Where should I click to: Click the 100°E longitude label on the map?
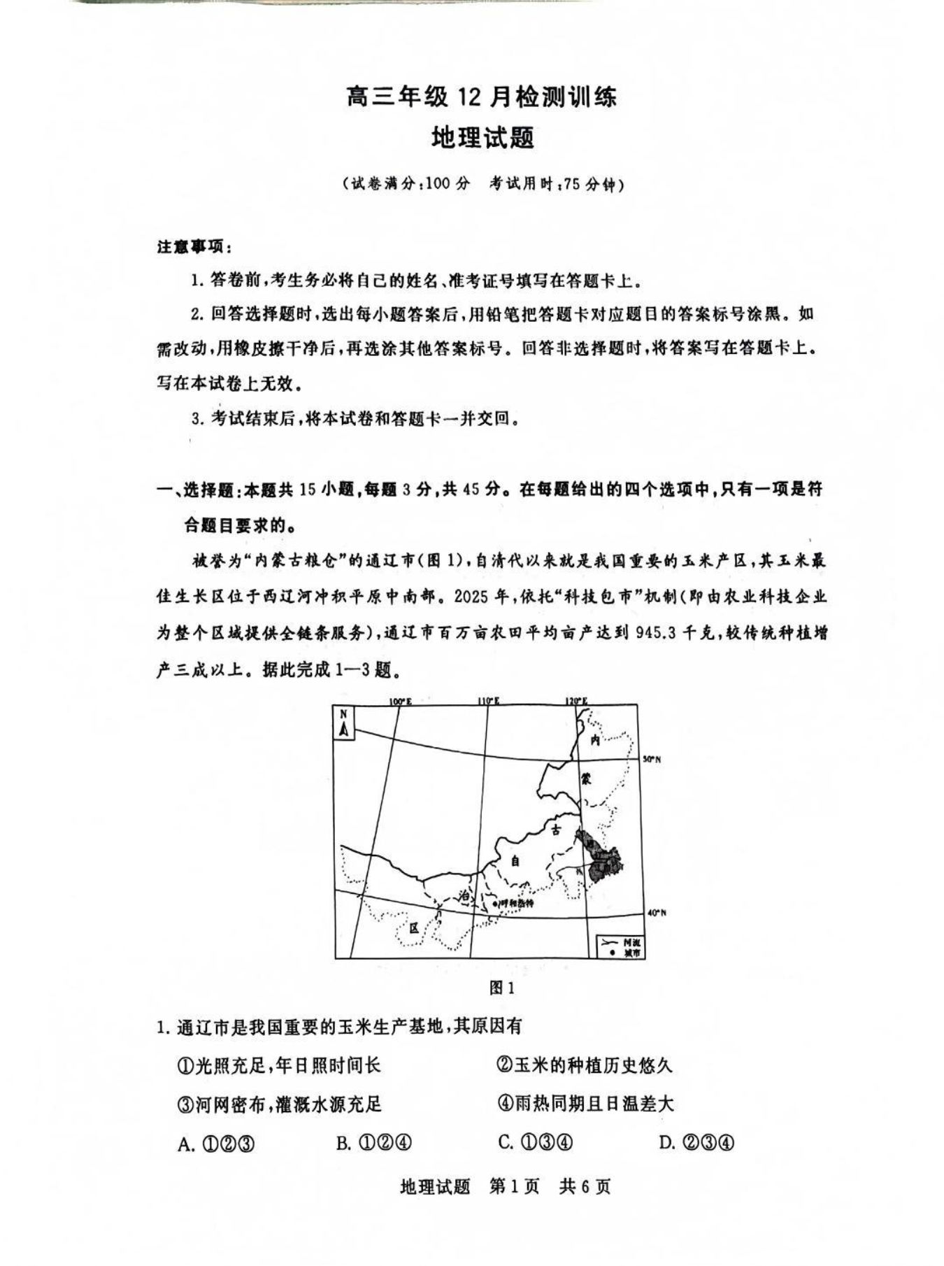401,701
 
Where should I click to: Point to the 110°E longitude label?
488,701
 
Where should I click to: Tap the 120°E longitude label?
577,701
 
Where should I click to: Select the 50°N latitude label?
652,759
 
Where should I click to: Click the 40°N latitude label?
656,912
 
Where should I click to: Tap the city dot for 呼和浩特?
495,903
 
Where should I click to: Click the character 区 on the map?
414,927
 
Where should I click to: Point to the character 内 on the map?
595,739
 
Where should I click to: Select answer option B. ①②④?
373,1143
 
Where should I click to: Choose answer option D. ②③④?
696,1143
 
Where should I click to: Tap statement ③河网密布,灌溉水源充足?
280,1104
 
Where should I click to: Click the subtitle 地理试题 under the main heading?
482,137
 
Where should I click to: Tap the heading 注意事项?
193,247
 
